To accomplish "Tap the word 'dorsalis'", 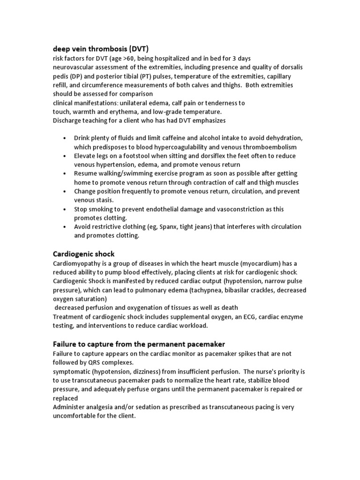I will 291,67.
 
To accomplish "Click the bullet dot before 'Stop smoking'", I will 64,209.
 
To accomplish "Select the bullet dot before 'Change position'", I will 64,191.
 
